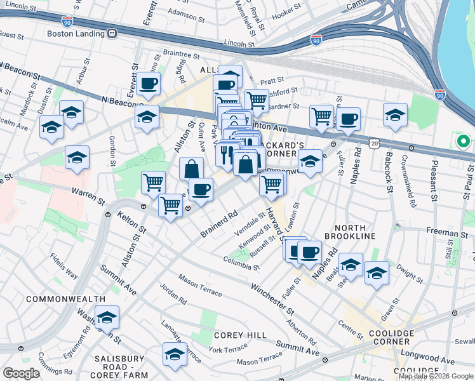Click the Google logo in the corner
click(x=21, y=373)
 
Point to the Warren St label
click(x=88, y=189)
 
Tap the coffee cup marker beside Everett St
click(x=148, y=83)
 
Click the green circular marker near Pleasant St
click(x=463, y=140)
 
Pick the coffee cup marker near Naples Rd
click(x=309, y=252)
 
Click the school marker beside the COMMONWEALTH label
click(x=107, y=316)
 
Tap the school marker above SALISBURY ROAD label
click(x=175, y=354)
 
